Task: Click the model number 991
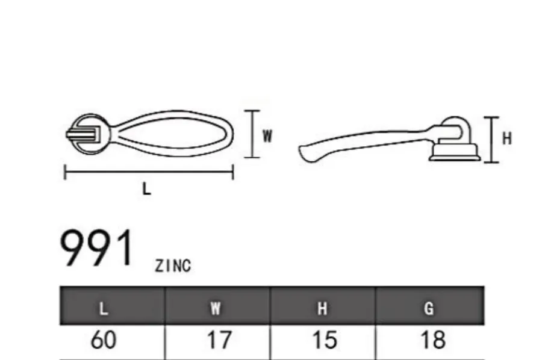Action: (x=96, y=247)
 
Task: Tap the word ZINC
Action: (x=173, y=266)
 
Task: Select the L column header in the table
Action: (x=104, y=309)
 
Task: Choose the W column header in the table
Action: (x=216, y=309)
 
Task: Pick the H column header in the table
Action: (x=322, y=309)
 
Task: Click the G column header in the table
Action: (x=429, y=309)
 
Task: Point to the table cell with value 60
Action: (x=103, y=340)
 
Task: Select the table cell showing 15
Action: (x=325, y=340)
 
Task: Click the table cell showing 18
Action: (x=433, y=340)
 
